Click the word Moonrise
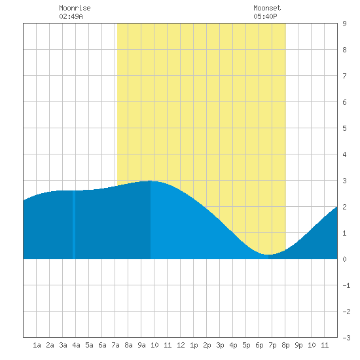point(75,8)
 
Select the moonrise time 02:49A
point(71,16)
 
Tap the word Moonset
point(267,8)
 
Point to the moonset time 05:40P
point(265,16)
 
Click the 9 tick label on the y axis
point(344,24)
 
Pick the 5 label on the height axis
point(344,128)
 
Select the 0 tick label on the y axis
point(344,259)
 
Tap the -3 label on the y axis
point(346,338)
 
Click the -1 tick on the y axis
point(346,285)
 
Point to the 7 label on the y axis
point(344,76)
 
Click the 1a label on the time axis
point(37,345)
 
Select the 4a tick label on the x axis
point(76,345)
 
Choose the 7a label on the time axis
point(115,345)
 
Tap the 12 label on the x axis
point(181,345)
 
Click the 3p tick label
point(220,345)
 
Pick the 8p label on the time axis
point(285,345)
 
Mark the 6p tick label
point(259,345)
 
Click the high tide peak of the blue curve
point(151,181)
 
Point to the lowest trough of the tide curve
point(268,255)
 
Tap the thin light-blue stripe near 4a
point(74,225)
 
